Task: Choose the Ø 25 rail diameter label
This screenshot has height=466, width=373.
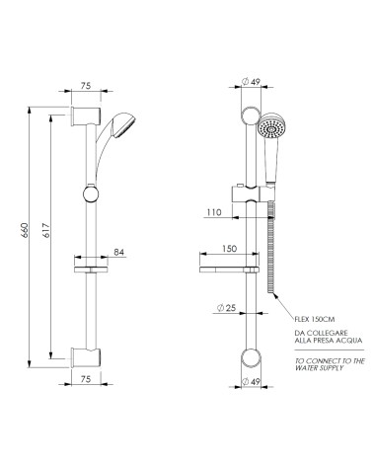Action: [x=227, y=309]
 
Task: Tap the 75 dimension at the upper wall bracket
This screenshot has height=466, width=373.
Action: [x=86, y=87]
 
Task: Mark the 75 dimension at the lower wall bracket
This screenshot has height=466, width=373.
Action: [x=86, y=378]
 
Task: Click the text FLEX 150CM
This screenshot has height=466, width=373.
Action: [x=313, y=318]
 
